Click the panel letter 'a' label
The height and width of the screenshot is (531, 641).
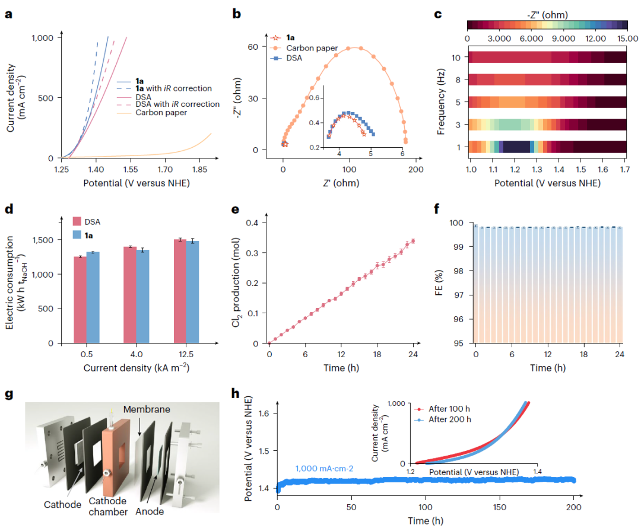point(8,15)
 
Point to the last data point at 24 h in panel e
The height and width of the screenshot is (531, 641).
point(413,241)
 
